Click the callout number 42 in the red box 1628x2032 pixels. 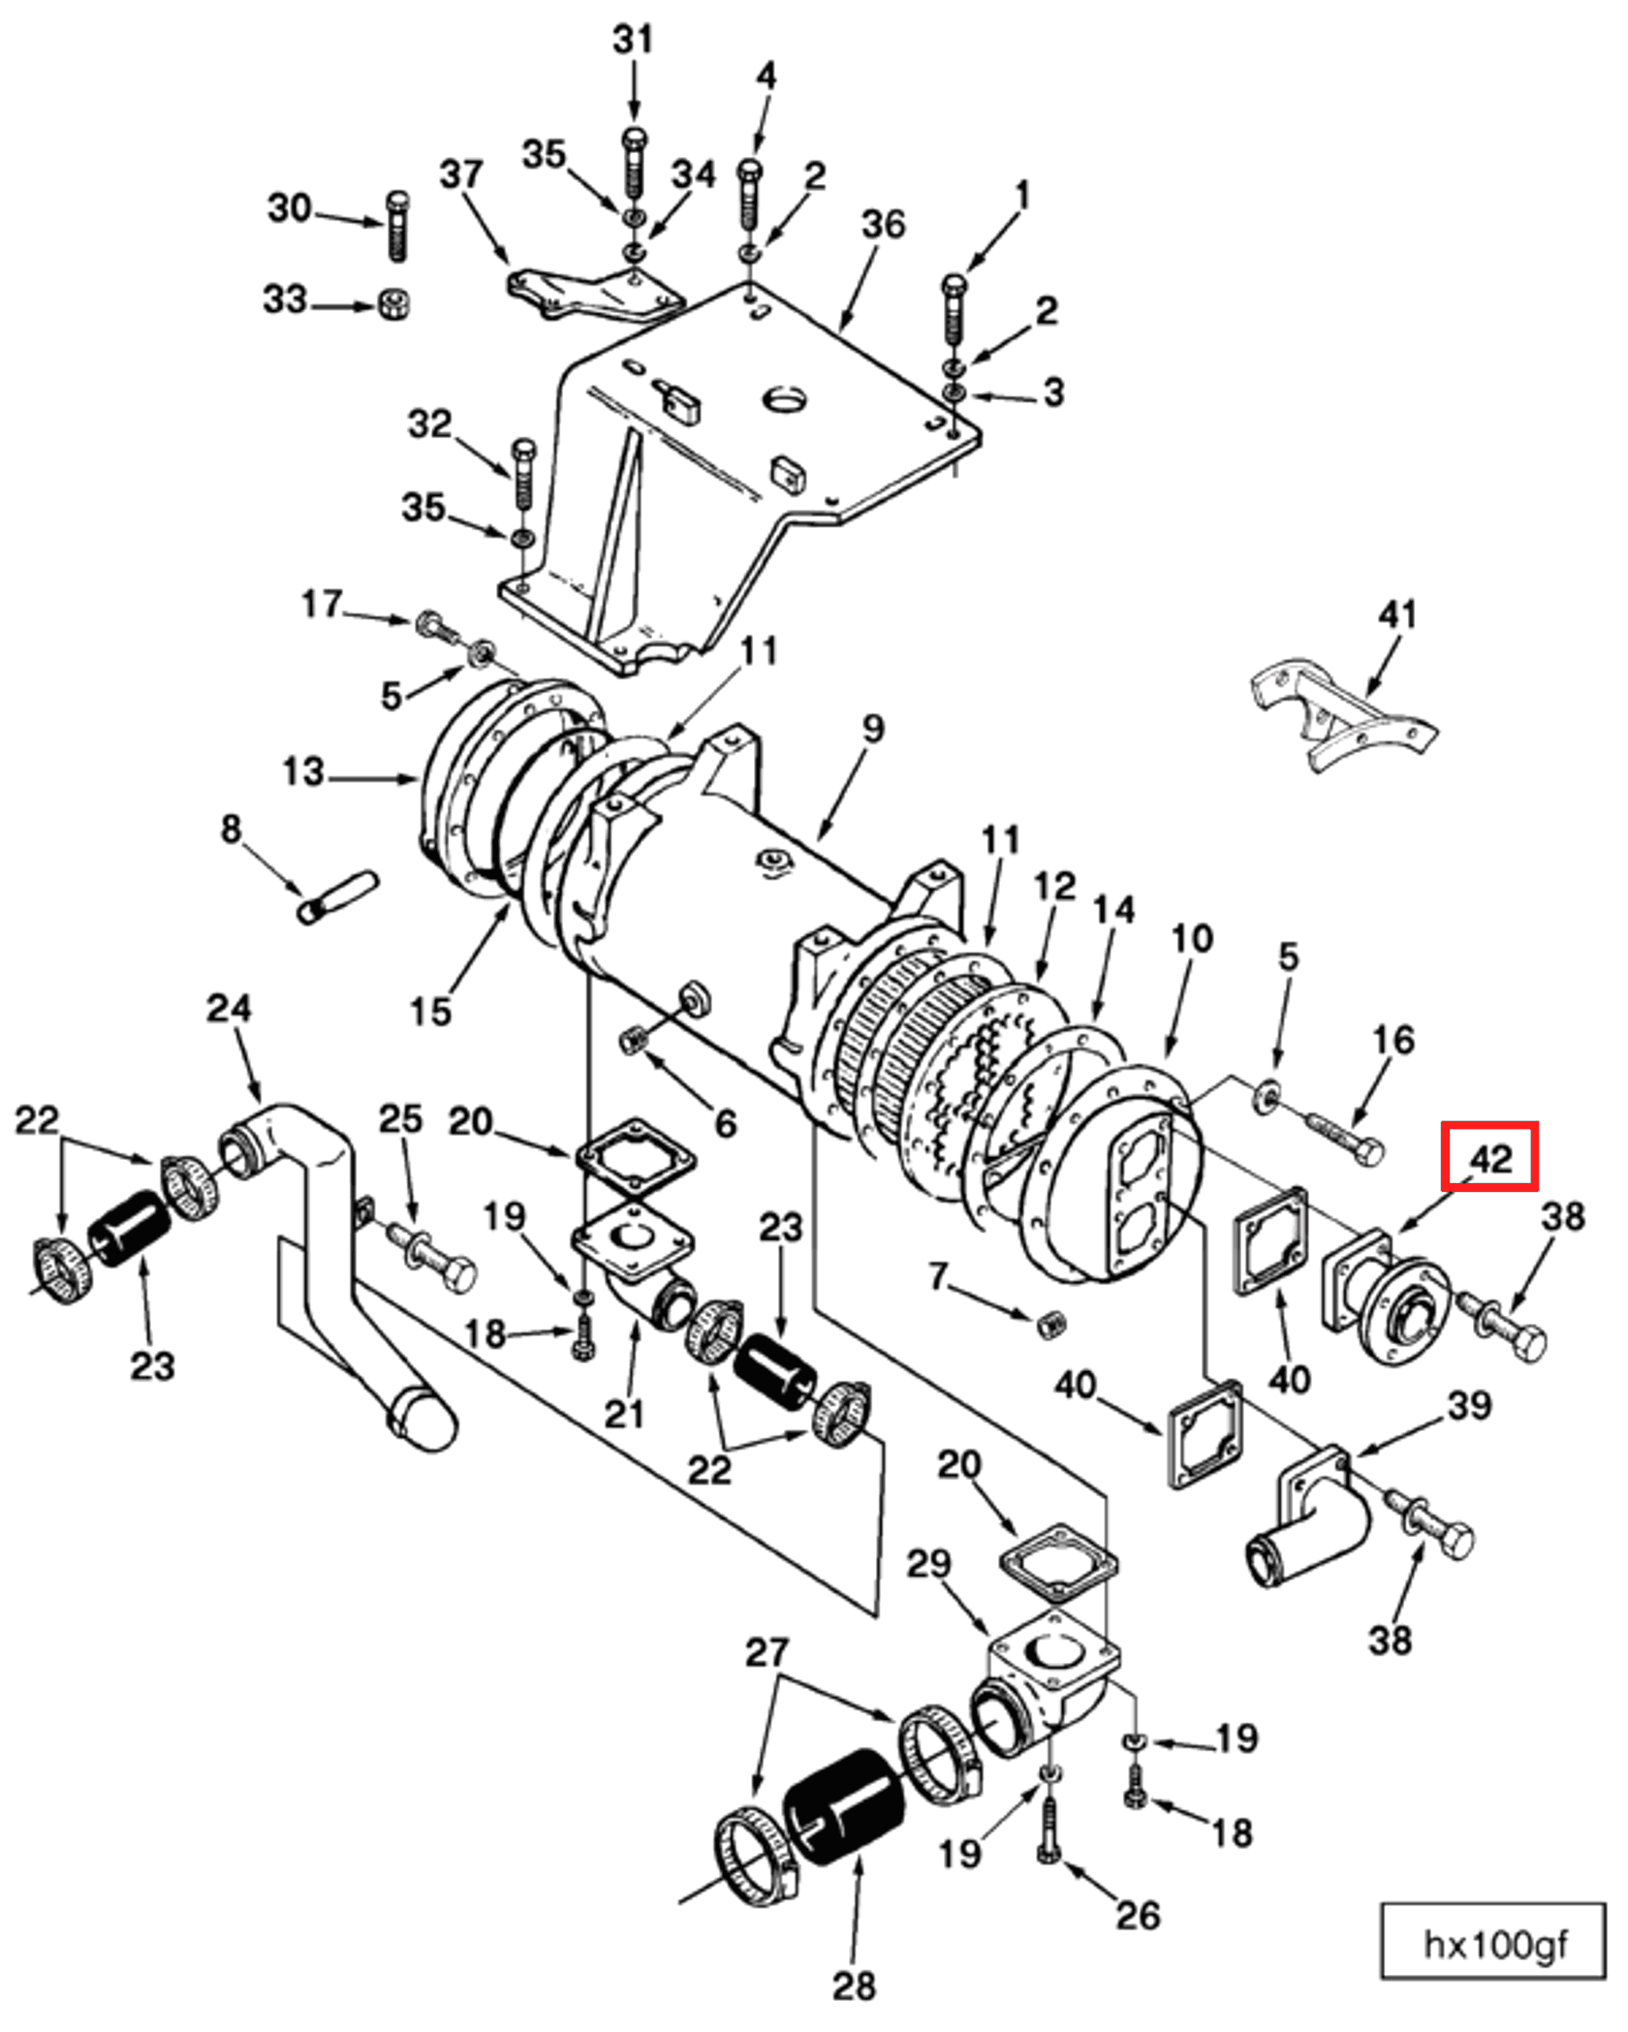tap(1489, 1156)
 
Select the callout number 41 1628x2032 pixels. tap(1396, 614)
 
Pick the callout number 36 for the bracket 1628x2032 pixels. tap(883, 224)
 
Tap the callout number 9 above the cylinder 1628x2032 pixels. tap(873, 728)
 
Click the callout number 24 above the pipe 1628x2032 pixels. tap(229, 1008)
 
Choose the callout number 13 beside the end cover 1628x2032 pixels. tap(302, 772)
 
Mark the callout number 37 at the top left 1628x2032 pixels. tap(460, 174)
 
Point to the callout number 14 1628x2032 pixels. tap(1113, 909)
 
